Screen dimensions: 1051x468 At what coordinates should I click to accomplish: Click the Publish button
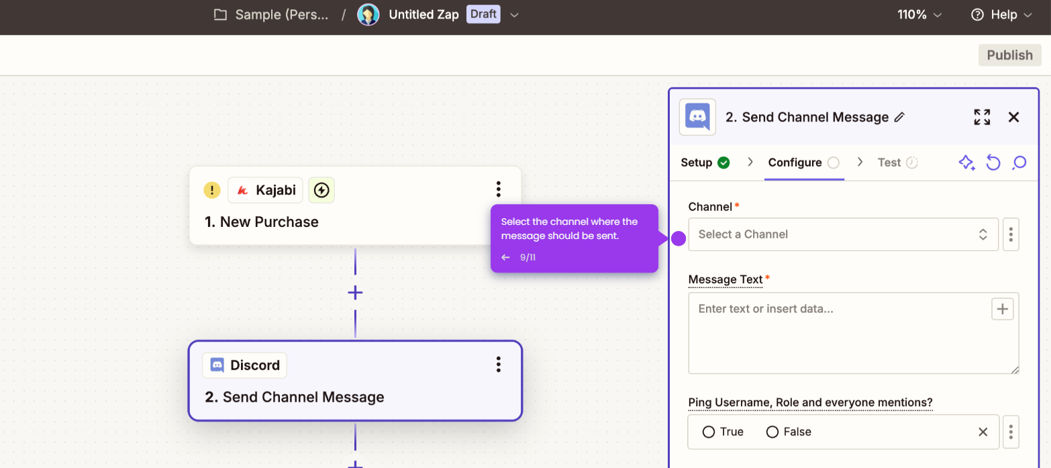pos(1009,55)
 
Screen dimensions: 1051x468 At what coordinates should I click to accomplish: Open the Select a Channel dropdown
pos(843,234)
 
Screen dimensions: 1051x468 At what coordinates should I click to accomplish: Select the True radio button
pos(709,432)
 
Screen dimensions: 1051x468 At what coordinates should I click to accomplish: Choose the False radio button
pos(772,432)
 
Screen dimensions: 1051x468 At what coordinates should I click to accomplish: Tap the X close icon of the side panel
pos(1013,117)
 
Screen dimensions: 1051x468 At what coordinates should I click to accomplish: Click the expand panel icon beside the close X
pos(982,117)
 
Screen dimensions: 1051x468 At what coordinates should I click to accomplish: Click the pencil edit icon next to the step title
pos(899,117)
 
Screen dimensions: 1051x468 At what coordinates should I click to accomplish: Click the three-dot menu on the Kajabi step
pos(498,189)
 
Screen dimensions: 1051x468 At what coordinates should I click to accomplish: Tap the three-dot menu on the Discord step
pos(498,364)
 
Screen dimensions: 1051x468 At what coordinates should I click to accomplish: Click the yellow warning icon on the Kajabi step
pos(212,190)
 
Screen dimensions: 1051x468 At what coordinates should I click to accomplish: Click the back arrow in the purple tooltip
pos(505,257)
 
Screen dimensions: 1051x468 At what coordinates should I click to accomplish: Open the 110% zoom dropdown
pos(919,15)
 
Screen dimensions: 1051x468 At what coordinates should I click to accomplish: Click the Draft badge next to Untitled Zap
pos(483,14)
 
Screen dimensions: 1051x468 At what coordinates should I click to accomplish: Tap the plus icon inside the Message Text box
pos(1002,309)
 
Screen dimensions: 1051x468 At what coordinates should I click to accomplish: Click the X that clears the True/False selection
pos(983,432)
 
